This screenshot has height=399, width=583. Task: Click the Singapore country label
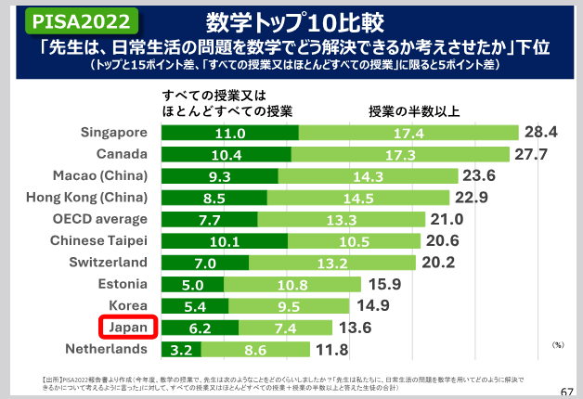click(115, 133)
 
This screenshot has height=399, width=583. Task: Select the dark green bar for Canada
click(226, 154)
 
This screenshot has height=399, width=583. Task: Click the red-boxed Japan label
click(128, 328)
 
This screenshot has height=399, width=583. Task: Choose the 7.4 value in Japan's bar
click(284, 328)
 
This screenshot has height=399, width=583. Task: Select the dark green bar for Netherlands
click(182, 349)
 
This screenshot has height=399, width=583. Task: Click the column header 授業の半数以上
click(414, 112)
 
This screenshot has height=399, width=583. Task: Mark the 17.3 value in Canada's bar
click(399, 154)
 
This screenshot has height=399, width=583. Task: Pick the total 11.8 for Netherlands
click(331, 349)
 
